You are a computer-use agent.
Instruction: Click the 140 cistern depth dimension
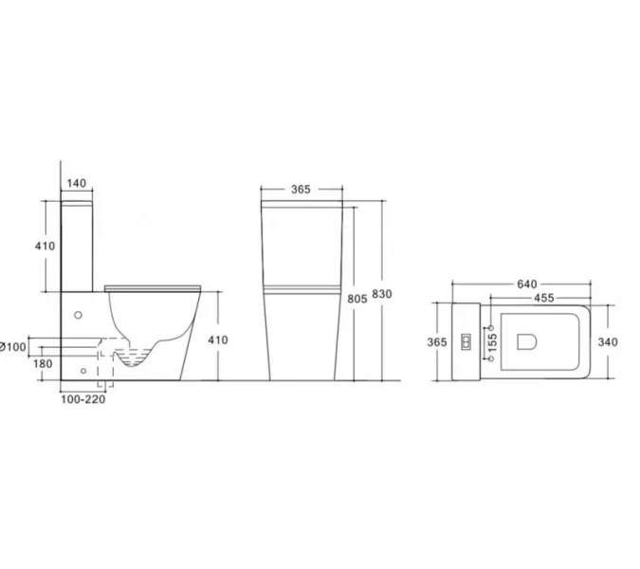[77, 183]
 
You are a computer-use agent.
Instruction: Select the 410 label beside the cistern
[45, 247]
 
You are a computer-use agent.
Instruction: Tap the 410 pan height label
[217, 340]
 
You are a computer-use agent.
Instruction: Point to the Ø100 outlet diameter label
[13, 347]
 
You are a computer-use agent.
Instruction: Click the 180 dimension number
[43, 364]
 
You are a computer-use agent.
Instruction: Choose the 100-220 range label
[82, 399]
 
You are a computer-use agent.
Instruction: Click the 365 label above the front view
[301, 190]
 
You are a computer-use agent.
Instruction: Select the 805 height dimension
[357, 299]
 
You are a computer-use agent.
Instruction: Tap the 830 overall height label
[382, 294]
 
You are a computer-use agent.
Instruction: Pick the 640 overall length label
[527, 284]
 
